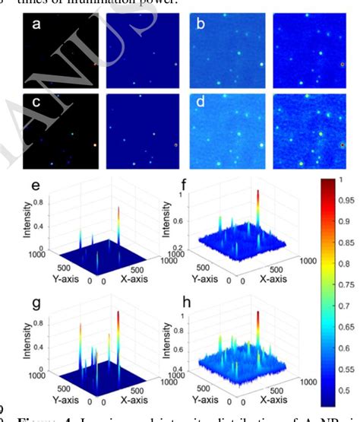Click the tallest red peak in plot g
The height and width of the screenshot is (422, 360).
pyautogui.click(x=118, y=313)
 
